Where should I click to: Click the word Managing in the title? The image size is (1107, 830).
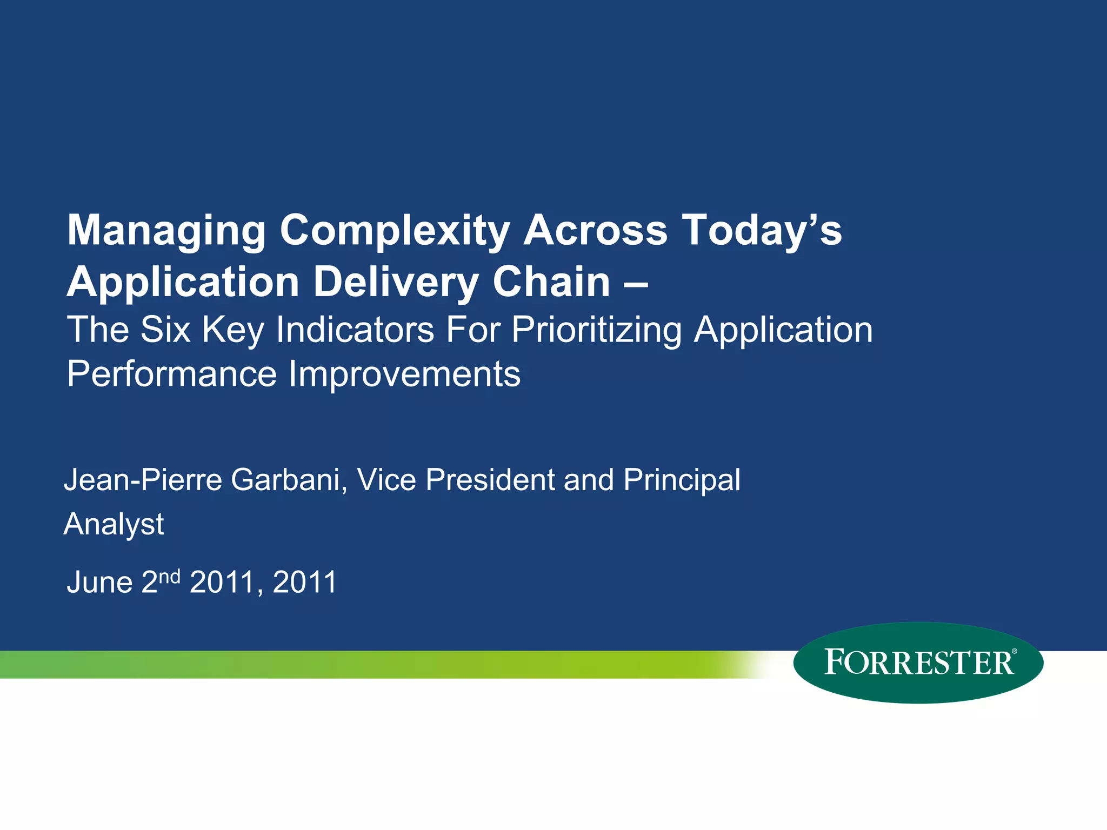click(x=166, y=231)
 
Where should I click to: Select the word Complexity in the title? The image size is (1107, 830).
click(x=395, y=231)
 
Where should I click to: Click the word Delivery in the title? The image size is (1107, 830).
click(x=396, y=282)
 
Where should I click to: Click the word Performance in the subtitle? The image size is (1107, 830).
click(x=172, y=374)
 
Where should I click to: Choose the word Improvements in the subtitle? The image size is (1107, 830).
click(x=404, y=374)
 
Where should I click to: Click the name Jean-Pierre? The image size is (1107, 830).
click(x=143, y=480)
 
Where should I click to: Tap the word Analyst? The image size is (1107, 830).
click(x=114, y=524)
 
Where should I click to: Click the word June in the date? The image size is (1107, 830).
click(x=99, y=583)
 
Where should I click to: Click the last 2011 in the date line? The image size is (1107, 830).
click(x=305, y=583)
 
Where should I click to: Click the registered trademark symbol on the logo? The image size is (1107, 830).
click(x=1014, y=652)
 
